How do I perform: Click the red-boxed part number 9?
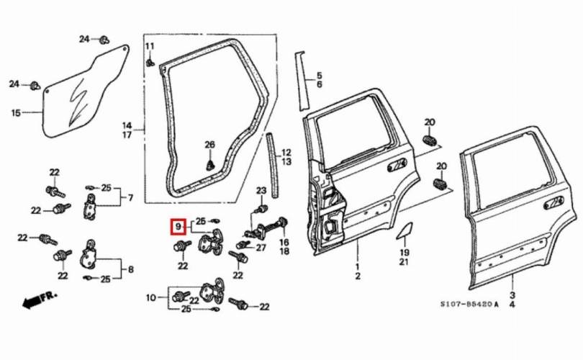pos(177,226)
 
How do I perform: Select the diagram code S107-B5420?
pos(471,305)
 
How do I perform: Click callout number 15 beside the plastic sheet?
pos(16,112)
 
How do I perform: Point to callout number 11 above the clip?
pos(150,47)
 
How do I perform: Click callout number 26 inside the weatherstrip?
pos(209,145)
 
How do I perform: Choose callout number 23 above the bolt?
pos(261,190)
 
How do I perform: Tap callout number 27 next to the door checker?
pos(261,248)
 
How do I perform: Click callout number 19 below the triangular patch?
pos(404,252)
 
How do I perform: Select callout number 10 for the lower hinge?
pos(150,297)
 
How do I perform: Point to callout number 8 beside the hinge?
pos(130,270)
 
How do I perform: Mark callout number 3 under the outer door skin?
pos(512,295)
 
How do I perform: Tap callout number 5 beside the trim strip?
pos(320,75)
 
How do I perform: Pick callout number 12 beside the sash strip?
pos(286,153)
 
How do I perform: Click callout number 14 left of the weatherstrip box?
pos(127,125)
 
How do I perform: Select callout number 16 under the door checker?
pos(284,243)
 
